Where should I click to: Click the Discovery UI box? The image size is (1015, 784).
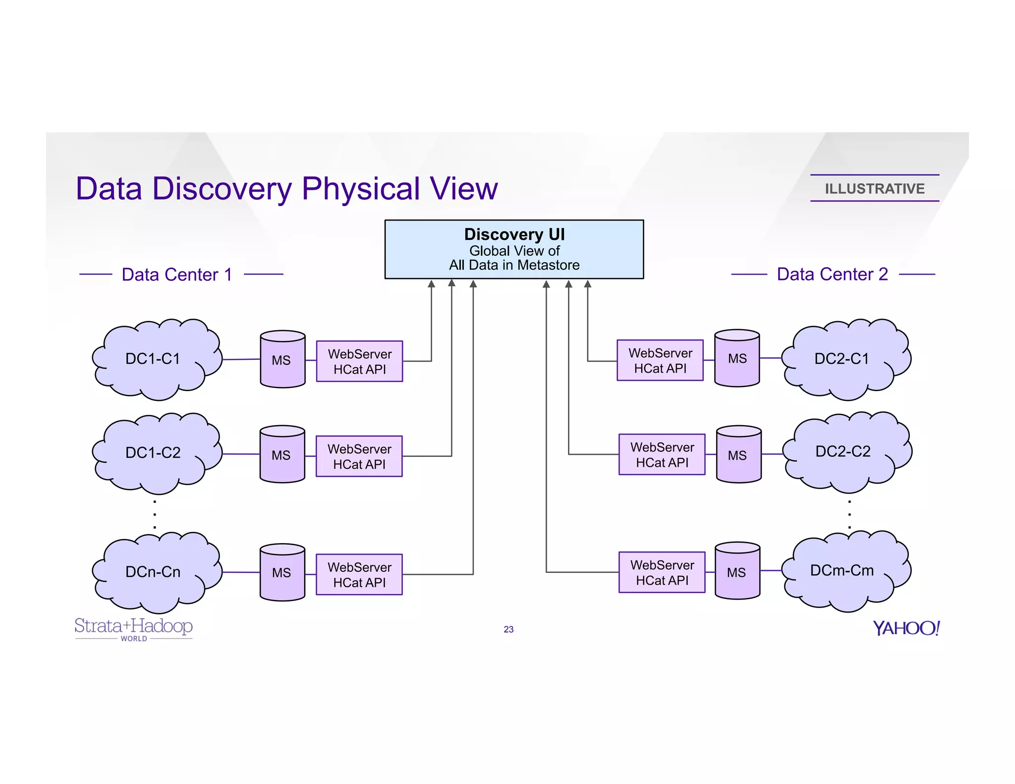[x=514, y=249]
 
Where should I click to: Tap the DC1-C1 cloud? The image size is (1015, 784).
[x=154, y=359]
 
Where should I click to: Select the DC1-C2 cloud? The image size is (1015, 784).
[x=154, y=452]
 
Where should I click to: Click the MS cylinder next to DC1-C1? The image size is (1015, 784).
[x=282, y=360]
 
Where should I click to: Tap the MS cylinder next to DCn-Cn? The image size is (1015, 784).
[x=282, y=572]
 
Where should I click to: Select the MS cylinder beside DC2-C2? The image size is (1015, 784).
[x=738, y=454]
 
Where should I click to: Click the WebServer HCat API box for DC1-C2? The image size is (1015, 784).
[x=359, y=456]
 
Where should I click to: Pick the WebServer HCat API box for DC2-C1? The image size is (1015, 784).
[x=660, y=360]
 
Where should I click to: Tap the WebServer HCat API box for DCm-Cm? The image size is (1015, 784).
[x=662, y=572]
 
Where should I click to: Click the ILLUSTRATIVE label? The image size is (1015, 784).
[x=874, y=188]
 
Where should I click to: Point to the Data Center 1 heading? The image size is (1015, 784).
[x=177, y=274]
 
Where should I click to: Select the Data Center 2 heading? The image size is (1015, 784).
[x=832, y=274]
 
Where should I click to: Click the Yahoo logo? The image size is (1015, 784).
[x=906, y=628]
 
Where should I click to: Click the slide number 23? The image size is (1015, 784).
[x=508, y=629]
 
